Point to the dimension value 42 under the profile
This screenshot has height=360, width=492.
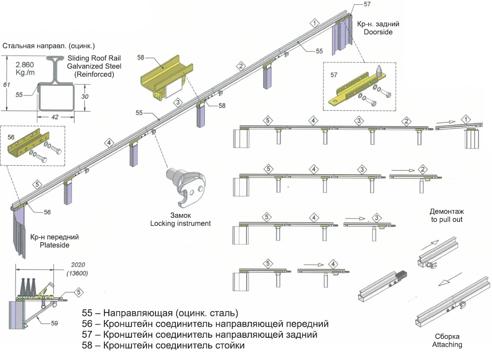pyautogui.click(x=55, y=117)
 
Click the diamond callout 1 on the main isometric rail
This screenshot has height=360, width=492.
pyautogui.click(x=314, y=23)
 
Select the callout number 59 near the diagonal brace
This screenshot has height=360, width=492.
pyautogui.click(x=54, y=323)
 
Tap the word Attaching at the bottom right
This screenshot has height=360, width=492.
pyautogui.click(x=447, y=344)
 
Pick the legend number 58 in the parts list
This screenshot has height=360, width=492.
pyautogui.click(x=90, y=345)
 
